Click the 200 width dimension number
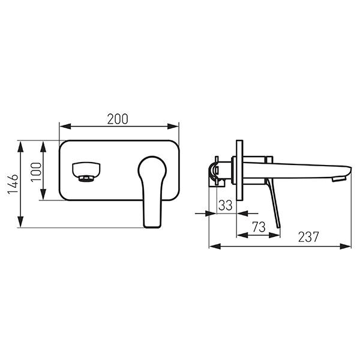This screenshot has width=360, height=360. click(118, 119)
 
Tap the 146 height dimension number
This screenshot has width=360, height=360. click(13, 184)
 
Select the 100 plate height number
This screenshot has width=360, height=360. click(36, 172)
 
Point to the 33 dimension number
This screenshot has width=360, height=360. click(226, 205)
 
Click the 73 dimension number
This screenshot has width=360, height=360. click(259, 227)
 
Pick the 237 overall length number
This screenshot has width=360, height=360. click(308, 237)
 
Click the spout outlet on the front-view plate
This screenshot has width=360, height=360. click(86, 172)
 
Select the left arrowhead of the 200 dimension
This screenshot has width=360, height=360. click(65, 126)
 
